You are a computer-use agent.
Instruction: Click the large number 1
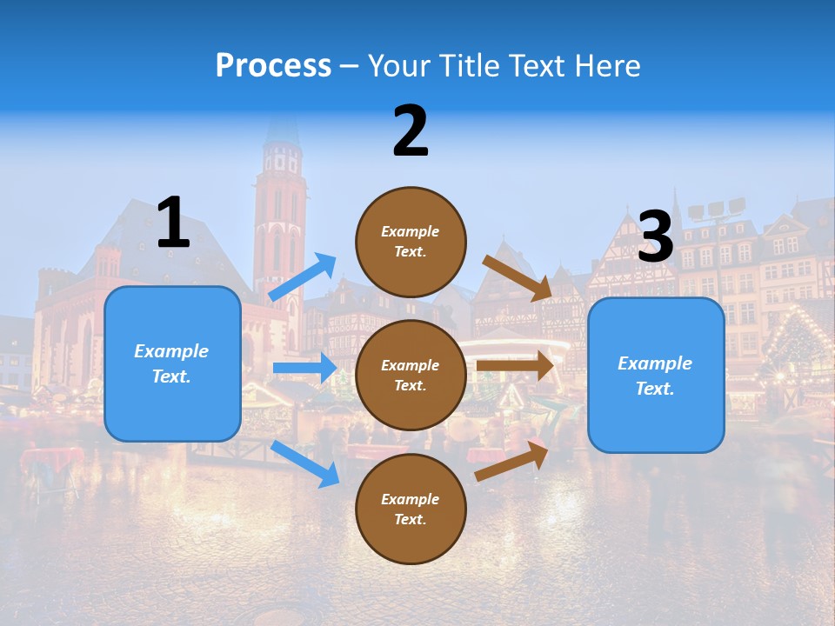tap(173, 223)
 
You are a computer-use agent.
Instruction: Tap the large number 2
tap(411, 131)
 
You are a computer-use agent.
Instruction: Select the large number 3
tap(656, 236)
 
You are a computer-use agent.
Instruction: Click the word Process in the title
tap(273, 65)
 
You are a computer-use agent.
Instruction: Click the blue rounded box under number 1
tap(172, 363)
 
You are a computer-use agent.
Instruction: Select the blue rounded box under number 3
tap(656, 376)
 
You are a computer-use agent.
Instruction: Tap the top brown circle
tap(411, 242)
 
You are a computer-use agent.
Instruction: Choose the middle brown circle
tap(411, 375)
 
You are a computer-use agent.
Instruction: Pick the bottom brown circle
tap(411, 509)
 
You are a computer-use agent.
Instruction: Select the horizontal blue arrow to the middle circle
tap(304, 368)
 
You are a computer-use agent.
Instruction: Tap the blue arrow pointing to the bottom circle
tap(305, 463)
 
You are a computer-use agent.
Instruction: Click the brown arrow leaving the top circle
tap(518, 277)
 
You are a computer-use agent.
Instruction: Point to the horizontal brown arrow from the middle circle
tap(515, 365)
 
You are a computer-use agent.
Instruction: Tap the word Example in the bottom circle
tap(411, 499)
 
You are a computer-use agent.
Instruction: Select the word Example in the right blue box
tap(655, 363)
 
